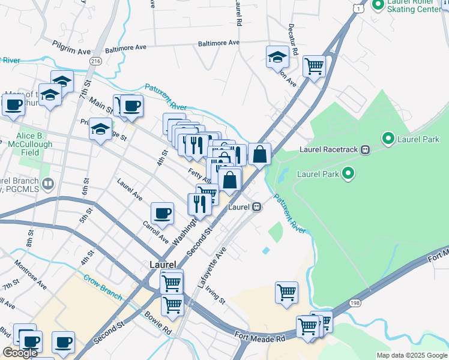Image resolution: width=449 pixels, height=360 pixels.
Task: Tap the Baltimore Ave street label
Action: point(125,47)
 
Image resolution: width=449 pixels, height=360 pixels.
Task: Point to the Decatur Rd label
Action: point(294,40)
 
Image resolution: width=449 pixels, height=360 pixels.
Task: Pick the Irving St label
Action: point(214,294)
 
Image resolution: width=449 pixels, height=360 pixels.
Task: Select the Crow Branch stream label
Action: point(103,288)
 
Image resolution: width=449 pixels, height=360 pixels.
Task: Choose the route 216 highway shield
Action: point(95,61)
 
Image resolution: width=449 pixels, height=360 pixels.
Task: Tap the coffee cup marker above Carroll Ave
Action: point(161,212)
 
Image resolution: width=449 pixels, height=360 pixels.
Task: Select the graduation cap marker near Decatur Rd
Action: point(277,57)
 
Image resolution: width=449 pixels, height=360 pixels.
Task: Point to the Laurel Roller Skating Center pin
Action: point(378,6)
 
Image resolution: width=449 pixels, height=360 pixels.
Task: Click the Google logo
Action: point(20,353)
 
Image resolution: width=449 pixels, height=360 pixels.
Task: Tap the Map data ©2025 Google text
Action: point(411,355)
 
